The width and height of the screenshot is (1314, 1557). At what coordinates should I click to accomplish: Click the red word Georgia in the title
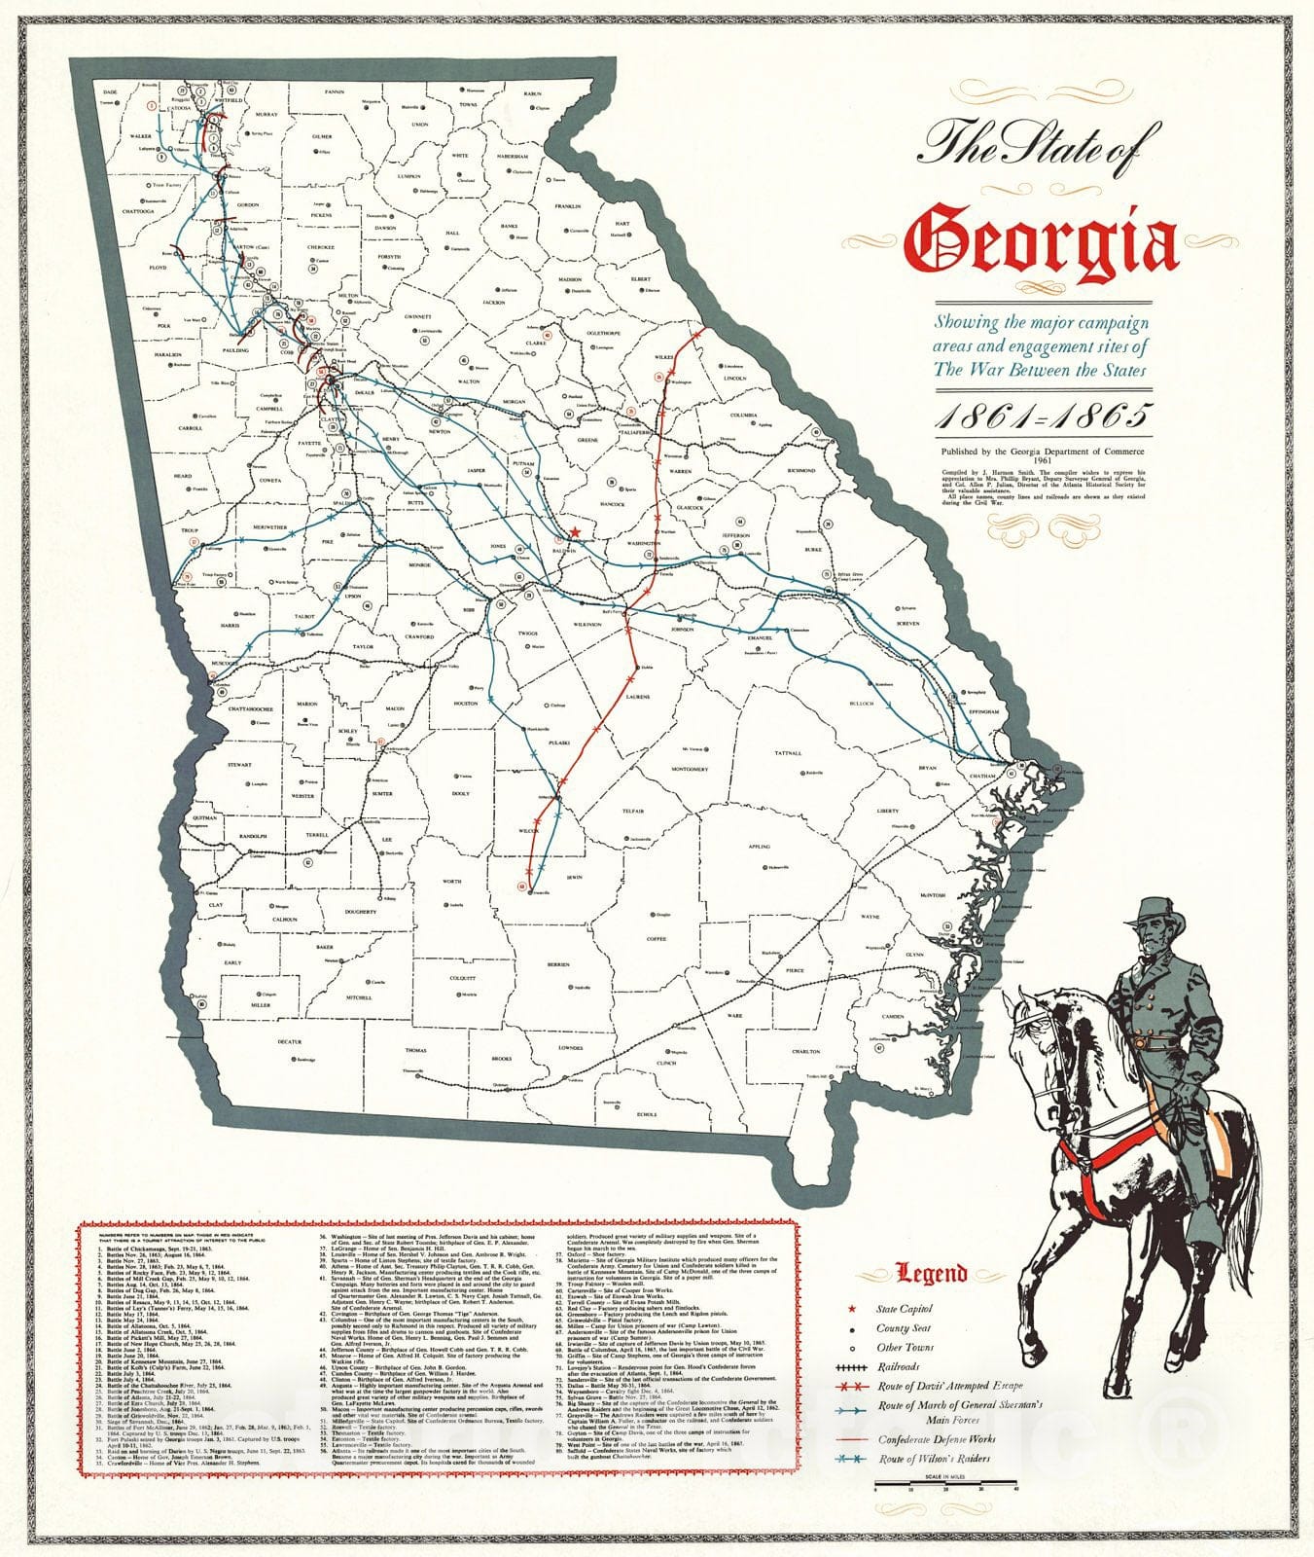click(1041, 238)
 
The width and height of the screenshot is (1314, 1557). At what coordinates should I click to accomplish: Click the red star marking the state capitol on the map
click(575, 531)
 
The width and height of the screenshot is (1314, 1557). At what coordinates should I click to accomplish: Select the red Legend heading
click(931, 1273)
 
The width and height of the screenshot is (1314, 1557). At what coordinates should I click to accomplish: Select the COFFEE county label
click(657, 938)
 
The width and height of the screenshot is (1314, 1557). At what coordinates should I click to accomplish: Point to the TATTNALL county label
click(788, 753)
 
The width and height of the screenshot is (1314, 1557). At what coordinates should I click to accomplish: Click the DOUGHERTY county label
click(360, 912)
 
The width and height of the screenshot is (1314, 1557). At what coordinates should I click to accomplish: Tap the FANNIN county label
click(335, 92)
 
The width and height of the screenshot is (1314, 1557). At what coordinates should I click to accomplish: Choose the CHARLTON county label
click(805, 1052)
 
